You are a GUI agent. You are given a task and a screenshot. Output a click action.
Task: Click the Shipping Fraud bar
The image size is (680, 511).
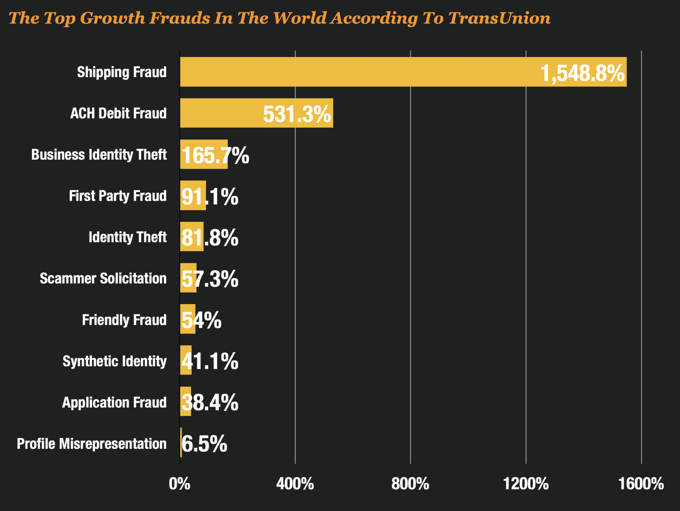click(357, 72)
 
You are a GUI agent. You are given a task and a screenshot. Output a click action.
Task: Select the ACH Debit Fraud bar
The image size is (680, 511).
click(221, 113)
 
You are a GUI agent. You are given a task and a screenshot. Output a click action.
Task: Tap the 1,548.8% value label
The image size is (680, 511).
click(582, 73)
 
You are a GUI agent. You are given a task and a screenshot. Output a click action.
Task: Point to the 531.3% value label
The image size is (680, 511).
click(297, 114)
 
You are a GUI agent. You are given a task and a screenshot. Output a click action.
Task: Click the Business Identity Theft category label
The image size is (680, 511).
click(99, 155)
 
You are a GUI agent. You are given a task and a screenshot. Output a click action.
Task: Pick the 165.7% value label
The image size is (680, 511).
click(215, 156)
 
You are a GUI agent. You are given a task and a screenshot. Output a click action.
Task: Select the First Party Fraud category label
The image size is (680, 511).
click(118, 196)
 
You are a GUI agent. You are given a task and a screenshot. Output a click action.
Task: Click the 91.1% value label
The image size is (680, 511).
click(210, 197)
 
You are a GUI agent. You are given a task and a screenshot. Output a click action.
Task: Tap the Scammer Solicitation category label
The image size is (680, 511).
click(103, 279)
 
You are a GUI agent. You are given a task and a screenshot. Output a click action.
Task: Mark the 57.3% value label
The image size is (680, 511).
click(210, 279)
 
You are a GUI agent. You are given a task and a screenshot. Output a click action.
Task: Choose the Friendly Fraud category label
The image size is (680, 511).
click(124, 320)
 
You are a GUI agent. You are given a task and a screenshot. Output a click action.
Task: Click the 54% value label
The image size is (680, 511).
click(201, 320)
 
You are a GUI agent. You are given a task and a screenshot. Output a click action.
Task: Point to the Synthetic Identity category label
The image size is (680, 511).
click(115, 361)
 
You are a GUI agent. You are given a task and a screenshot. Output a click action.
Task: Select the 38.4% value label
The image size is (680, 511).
click(210, 403)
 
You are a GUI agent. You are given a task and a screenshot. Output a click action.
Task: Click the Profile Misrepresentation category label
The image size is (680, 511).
click(92, 444)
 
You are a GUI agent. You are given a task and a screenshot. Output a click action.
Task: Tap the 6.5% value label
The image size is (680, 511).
click(204, 444)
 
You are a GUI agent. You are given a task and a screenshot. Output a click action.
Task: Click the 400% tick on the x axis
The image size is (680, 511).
click(295, 483)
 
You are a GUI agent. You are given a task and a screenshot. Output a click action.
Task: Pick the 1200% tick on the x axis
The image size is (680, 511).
click(526, 483)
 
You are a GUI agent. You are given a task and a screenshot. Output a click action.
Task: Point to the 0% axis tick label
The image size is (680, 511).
click(180, 483)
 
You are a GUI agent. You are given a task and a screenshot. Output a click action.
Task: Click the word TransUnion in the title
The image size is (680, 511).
click(499, 18)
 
